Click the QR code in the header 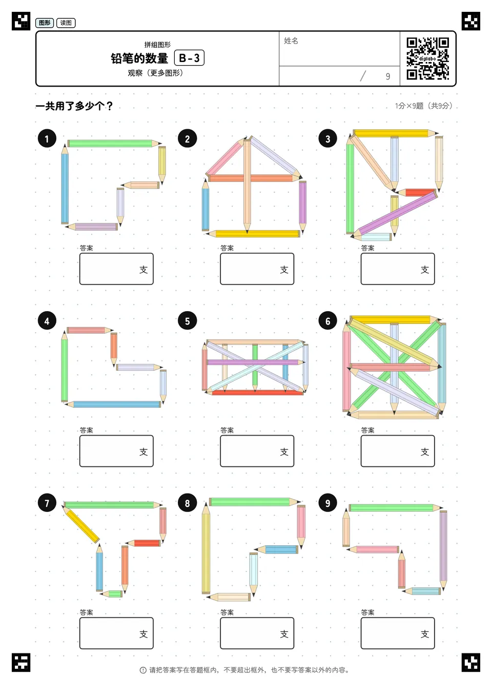coord(428,58)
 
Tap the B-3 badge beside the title coord(189,58)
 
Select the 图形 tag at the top coord(45,23)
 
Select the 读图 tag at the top coord(66,23)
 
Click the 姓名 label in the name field coord(291,40)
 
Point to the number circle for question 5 coord(187,321)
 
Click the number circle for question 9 coord(327,503)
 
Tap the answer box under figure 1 coord(116,269)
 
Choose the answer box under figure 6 coord(398,451)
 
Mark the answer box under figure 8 coord(257,633)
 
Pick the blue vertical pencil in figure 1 coord(65,184)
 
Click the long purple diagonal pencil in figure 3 coord(394,214)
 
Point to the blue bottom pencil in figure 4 coord(113,404)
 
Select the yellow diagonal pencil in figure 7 coord(81,524)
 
